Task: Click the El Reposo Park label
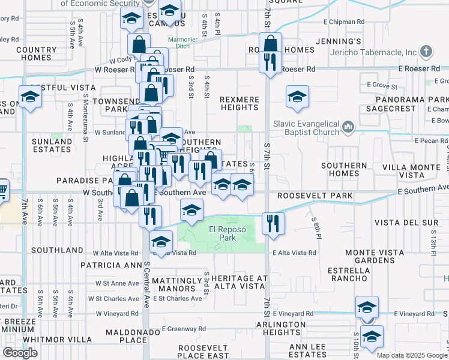click(222, 233)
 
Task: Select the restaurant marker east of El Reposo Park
click(273, 223)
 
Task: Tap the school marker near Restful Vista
click(29, 96)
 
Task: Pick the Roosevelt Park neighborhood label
click(303, 195)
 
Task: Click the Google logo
click(20, 353)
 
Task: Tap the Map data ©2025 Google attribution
click(412, 355)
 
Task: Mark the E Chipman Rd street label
click(344, 22)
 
